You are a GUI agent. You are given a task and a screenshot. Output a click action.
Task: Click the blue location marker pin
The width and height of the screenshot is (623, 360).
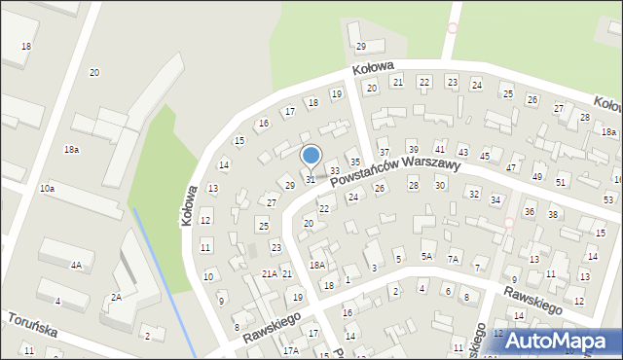pyautogui.click(x=311, y=156)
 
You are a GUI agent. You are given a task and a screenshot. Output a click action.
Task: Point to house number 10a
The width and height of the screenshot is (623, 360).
pyautogui.click(x=47, y=187)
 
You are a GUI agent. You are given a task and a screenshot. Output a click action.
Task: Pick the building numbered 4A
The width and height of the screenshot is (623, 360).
pyautogui.click(x=76, y=265)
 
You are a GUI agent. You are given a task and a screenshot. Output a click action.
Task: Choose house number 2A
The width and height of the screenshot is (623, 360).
pyautogui.click(x=116, y=297)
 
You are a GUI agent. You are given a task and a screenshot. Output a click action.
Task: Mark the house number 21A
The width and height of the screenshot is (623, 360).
pyautogui.click(x=270, y=274)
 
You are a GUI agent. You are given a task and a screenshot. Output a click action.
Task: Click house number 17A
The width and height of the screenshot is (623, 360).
pyautogui.click(x=290, y=350)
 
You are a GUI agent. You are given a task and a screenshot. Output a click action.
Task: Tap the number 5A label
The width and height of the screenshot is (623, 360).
pyautogui.click(x=426, y=256)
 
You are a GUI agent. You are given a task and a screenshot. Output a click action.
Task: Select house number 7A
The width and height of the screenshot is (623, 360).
pyautogui.click(x=453, y=259)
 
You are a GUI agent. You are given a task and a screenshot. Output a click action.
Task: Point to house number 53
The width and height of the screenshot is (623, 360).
pyautogui.click(x=608, y=198)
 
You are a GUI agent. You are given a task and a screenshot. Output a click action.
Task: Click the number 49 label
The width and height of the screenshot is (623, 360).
pyautogui.click(x=537, y=176)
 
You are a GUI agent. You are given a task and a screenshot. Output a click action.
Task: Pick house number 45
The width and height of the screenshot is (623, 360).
pyautogui.click(x=485, y=157)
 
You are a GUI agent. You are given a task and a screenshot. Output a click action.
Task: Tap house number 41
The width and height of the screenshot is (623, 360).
pyautogui.click(x=440, y=148)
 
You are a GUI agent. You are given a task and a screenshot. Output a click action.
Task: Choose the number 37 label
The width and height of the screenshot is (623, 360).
pyautogui.click(x=385, y=153)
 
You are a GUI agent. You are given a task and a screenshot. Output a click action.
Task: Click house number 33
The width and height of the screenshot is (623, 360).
pyautogui.click(x=334, y=171)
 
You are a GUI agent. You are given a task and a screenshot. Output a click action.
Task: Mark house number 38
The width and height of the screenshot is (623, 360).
pyautogui.click(x=553, y=214)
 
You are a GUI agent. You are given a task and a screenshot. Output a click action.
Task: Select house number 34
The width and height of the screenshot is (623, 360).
pyautogui.click(x=495, y=199)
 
